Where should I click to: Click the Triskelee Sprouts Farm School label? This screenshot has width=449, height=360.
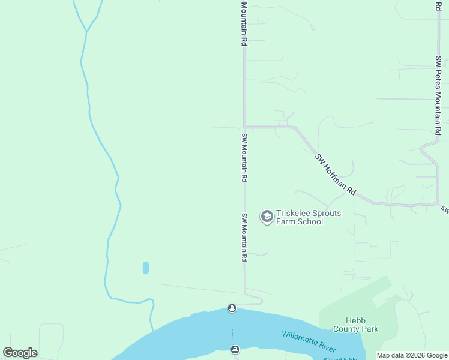point(300,217)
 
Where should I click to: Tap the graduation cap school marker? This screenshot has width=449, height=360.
point(267,217)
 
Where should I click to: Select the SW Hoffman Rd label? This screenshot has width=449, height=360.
point(335,175)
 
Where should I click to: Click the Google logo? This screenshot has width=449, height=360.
point(20,353)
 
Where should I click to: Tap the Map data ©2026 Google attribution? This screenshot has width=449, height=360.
point(412,356)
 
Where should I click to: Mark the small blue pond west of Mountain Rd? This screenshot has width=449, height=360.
point(146,268)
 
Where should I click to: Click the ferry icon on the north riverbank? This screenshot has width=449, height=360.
point(232,308)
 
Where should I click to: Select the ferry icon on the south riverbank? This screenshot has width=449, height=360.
point(235,349)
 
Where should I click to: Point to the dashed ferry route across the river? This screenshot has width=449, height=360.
point(233,329)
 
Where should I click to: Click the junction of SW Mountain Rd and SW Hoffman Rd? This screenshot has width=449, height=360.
point(244,127)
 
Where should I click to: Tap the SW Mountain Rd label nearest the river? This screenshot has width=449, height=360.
point(244,237)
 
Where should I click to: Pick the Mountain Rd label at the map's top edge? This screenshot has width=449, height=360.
point(244,24)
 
